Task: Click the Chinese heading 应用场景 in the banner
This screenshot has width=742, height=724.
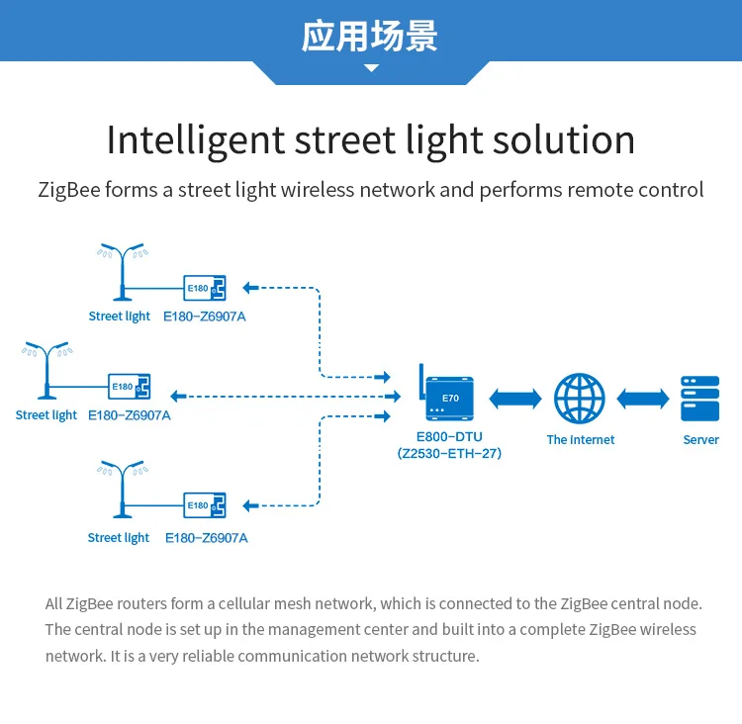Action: [370, 36]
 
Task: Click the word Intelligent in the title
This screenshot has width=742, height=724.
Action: [196, 139]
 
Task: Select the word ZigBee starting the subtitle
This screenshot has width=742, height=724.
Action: [68, 190]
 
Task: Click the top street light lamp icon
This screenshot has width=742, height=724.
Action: [123, 273]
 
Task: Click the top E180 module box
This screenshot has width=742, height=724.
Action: [206, 288]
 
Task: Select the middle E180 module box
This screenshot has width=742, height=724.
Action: [130, 386]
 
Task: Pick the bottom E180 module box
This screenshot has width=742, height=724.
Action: [206, 505]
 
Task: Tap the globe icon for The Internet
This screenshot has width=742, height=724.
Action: [579, 398]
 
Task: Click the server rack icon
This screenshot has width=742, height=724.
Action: [700, 398]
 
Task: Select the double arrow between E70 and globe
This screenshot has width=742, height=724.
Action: [515, 398]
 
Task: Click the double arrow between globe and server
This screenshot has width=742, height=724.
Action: [642, 398]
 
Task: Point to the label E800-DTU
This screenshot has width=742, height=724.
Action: [449, 437]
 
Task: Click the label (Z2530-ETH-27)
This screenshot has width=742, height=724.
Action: [449, 454]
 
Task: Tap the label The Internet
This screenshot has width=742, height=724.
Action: [581, 440]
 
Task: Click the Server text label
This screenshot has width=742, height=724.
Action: [700, 440]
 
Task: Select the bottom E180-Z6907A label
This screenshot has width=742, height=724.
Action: [206, 538]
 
